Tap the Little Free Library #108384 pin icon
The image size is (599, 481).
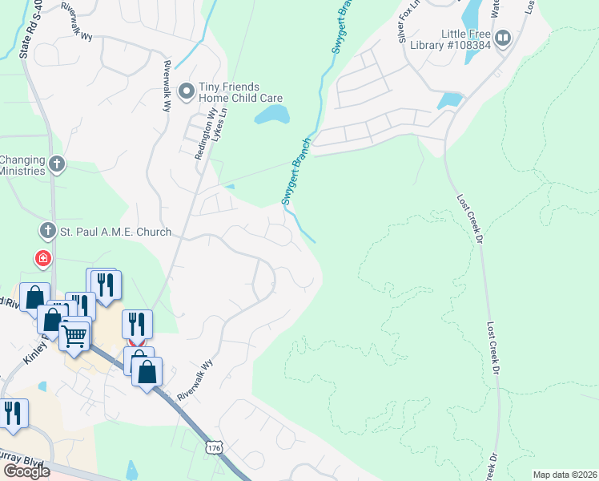(x=503, y=38)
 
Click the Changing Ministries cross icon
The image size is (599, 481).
(x=56, y=165)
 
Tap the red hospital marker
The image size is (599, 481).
(x=42, y=258)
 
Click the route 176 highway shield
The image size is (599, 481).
(x=213, y=447)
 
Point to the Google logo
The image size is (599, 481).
(x=26, y=471)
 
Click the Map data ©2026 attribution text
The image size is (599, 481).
(x=565, y=475)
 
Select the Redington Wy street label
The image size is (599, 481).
(x=201, y=135)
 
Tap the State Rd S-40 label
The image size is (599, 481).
(x=27, y=30)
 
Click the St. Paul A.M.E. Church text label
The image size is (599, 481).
(x=116, y=232)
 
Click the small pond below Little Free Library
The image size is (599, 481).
(x=448, y=101)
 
